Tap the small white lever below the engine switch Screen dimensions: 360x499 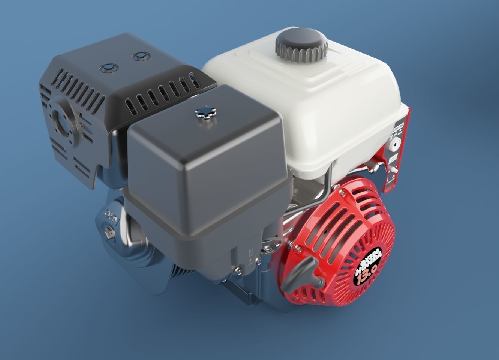click(x=393, y=169)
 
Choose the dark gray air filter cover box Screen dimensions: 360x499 click(x=206, y=176)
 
